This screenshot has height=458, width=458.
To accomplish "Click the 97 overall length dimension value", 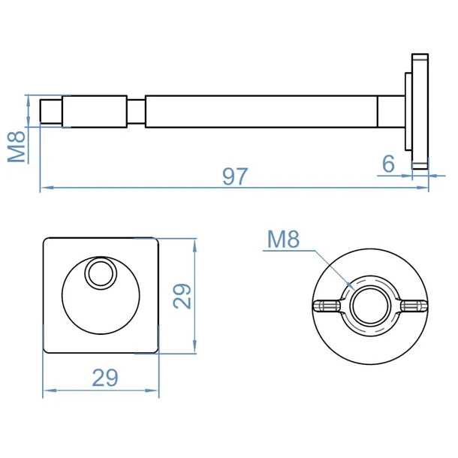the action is point(235,176).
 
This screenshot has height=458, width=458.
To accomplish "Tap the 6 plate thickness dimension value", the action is point(388,164).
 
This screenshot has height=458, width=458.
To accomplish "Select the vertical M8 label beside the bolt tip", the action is point(17,146).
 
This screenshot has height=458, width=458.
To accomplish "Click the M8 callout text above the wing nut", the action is point(283,240).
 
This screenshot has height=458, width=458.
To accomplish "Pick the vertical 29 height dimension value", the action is point(182,296).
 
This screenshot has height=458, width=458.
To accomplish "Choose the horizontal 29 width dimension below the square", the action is point(105,378).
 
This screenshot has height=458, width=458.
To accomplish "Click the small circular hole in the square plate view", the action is point(101,274).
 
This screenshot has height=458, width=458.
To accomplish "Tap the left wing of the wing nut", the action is point(327,306).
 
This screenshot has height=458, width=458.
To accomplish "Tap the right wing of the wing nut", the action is point(413,306).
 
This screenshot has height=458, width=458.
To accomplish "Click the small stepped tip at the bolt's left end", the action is point(51,111).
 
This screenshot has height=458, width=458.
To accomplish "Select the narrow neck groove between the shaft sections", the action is point(136,111).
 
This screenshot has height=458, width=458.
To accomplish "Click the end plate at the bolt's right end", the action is point(420,111).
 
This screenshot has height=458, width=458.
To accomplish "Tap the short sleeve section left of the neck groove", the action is point(95,111).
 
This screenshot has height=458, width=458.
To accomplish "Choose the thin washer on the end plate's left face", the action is point(408,111).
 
